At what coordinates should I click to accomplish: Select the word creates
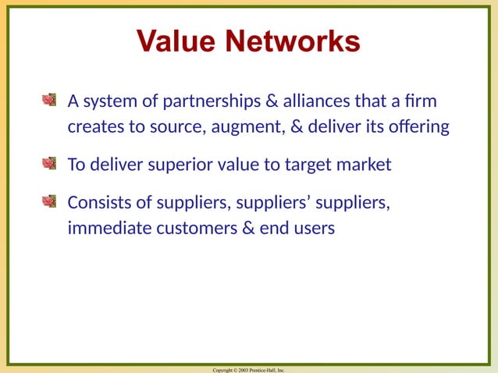click(x=92, y=126)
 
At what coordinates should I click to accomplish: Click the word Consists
click(x=98, y=203)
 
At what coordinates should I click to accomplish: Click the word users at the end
click(x=313, y=229)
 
